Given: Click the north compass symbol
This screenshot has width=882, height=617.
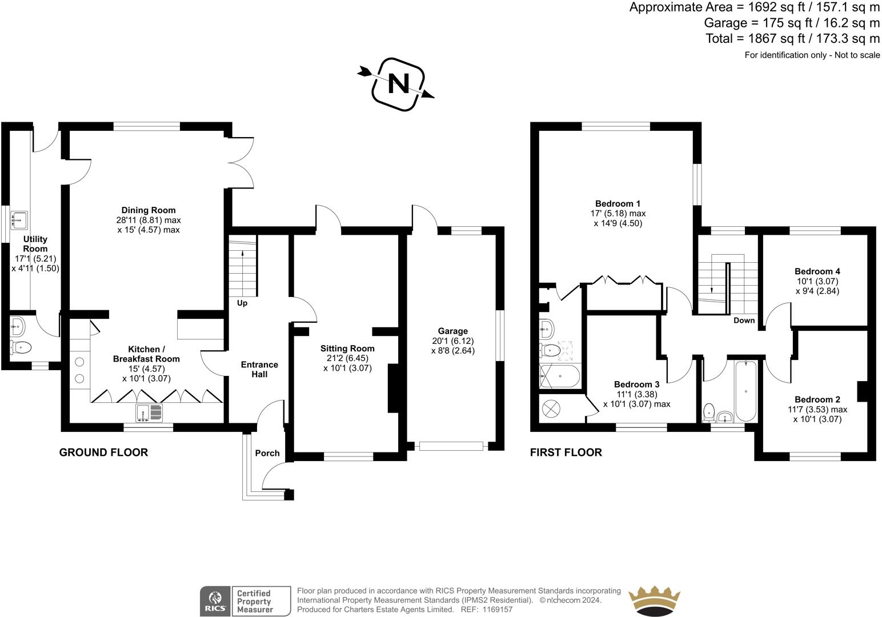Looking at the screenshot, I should [398, 84].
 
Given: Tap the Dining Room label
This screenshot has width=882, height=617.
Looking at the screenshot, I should [148, 210].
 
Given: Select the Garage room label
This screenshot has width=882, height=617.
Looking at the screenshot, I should [452, 331].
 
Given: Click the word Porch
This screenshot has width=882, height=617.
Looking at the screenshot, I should [267, 453].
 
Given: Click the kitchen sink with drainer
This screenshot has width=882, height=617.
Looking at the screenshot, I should [149, 412].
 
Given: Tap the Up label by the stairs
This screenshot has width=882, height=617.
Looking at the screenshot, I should [242, 303].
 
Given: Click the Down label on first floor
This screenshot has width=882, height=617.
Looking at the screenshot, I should [744, 320].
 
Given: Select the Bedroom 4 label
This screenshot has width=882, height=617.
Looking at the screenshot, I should [817, 271].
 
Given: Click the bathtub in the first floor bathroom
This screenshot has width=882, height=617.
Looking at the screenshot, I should [746, 390].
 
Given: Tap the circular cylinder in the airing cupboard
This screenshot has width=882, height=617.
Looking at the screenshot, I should [552, 408].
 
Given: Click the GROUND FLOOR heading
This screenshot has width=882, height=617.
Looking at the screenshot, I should [103, 452].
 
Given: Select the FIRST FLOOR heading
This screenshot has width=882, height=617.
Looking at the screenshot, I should [566, 452].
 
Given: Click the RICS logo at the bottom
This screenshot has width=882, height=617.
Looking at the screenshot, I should [215, 601].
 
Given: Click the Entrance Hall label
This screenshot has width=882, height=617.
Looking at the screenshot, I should [259, 369].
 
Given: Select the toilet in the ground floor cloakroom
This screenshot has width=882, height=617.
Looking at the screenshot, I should [20, 347].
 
